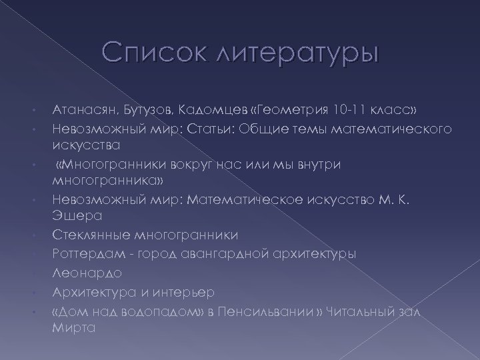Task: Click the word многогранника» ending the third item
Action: click(97, 181)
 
